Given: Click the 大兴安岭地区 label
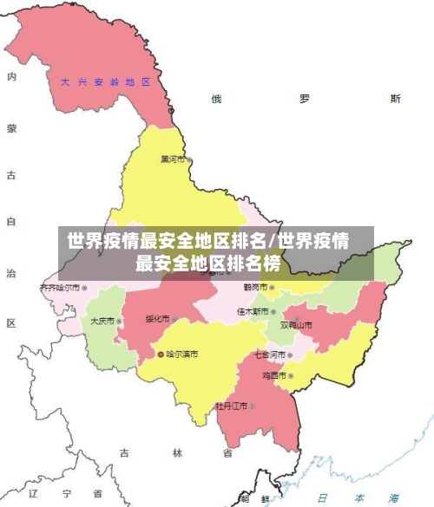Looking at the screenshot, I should pyautogui.click(x=105, y=82).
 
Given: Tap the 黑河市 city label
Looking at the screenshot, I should pyautogui.click(x=173, y=159).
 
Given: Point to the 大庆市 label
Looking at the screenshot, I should pyautogui.click(x=102, y=321).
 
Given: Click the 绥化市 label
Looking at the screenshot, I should pyautogui.click(x=157, y=317).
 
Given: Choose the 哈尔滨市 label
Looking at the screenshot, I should pyautogui.click(x=181, y=354).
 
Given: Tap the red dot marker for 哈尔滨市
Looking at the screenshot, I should pyautogui.click(x=161, y=354).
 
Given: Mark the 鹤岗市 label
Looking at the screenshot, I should pyautogui.click(x=254, y=287).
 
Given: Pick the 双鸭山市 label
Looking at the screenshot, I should pyautogui.click(x=296, y=326).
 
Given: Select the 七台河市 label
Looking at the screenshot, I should pyautogui.click(x=269, y=354).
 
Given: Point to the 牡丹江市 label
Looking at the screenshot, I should pyautogui.click(x=232, y=406).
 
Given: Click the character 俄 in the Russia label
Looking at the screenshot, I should pyautogui.click(x=216, y=99).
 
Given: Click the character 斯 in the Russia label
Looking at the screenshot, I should pyautogui.click(x=396, y=99).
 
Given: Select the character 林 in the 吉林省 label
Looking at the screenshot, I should pyautogui.click(x=177, y=453).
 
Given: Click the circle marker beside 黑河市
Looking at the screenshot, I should pyautogui.click(x=189, y=159).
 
